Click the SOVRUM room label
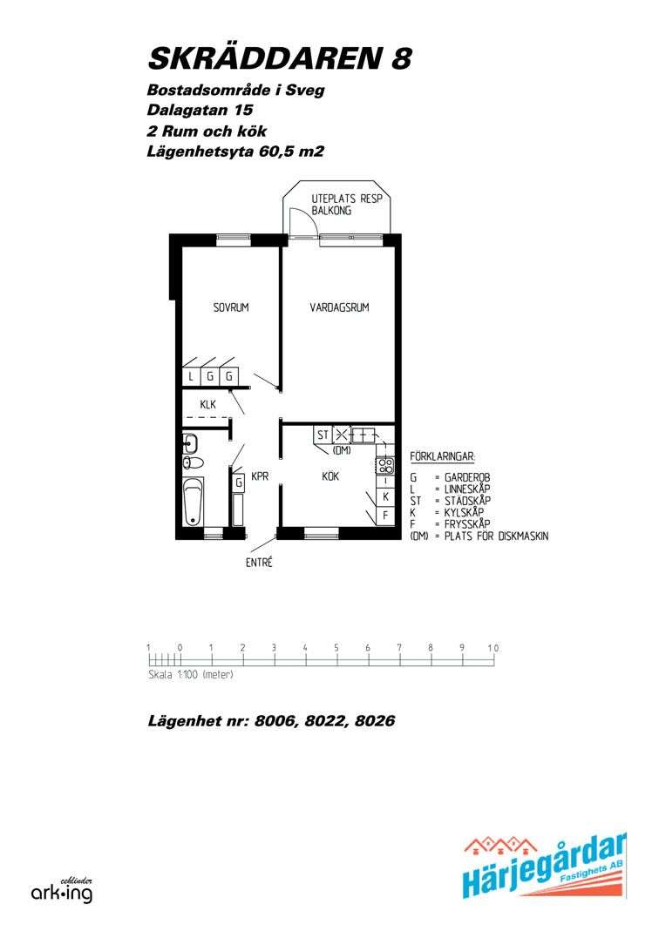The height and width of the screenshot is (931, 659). [231, 307]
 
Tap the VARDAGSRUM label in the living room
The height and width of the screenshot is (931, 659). [339, 307]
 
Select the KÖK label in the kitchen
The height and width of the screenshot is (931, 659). [330, 476]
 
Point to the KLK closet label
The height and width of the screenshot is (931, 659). [208, 405]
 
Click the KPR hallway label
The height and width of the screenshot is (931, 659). [260, 476]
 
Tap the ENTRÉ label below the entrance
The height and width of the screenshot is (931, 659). [259, 562]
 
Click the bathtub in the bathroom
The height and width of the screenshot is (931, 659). [193, 502]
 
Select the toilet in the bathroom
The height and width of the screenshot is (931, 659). [194, 462]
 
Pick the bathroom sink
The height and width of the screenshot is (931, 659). [190, 443]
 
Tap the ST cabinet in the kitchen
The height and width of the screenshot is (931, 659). [323, 435]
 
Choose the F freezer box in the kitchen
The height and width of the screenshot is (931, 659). [385, 516]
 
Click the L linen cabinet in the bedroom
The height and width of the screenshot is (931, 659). [191, 376]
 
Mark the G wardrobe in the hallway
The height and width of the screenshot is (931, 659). [238, 482]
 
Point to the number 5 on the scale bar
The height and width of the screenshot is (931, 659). [336, 648]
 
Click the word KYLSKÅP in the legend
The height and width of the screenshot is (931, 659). [464, 512]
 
